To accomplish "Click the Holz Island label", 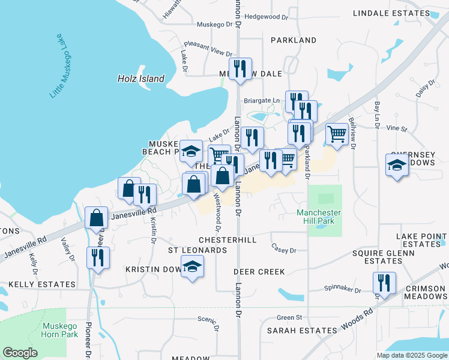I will tap(140, 79).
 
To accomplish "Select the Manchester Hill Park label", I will tap(319, 217).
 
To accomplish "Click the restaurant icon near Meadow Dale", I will tap(240, 69).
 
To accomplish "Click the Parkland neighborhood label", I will tap(294, 40).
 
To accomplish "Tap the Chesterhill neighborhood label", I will tap(228, 240).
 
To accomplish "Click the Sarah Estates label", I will tap(302, 331).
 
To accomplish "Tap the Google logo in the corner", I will tap(20, 352).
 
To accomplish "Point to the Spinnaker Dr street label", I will tap(340, 290).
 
